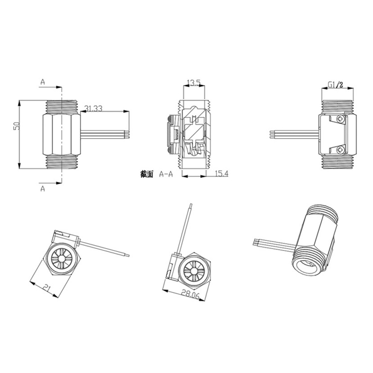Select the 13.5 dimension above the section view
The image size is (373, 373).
(x=194, y=83)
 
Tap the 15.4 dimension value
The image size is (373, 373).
(x=222, y=173)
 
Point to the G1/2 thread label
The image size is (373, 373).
(x=336, y=85)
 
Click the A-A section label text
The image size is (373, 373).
(x=166, y=174)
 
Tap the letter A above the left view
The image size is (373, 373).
(x=42, y=82)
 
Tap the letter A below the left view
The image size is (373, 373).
(x=42, y=189)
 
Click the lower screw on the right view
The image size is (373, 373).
(x=340, y=150)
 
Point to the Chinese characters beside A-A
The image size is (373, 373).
(x=147, y=174)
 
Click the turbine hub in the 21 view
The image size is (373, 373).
(x=61, y=259)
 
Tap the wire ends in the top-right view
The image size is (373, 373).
(x=272, y=135)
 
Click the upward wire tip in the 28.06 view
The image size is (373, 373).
(x=190, y=205)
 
